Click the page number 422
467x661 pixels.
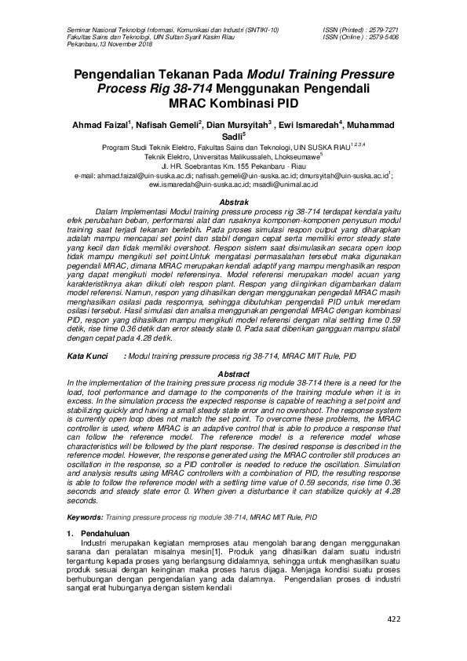coord(393,620)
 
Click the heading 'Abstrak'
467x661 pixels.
coord(232,203)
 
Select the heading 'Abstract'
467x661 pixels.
coord(232,374)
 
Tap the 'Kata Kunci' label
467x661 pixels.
coord(86,356)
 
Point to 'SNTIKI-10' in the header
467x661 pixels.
coord(262,30)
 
